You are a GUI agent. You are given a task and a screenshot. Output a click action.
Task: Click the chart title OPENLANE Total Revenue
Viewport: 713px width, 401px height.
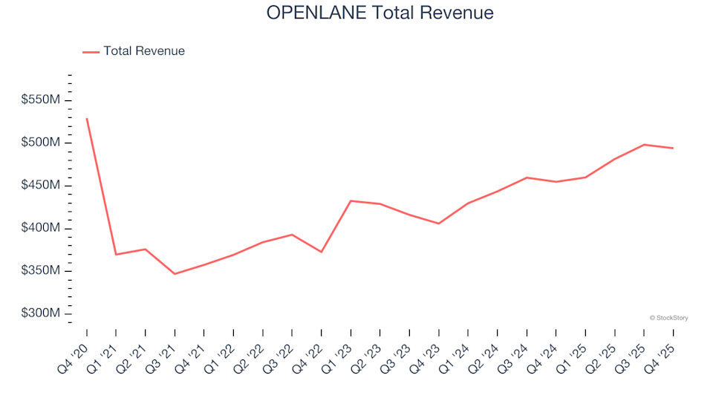(x=380, y=13)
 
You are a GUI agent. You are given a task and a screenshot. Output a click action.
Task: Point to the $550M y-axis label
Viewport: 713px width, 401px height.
(x=42, y=100)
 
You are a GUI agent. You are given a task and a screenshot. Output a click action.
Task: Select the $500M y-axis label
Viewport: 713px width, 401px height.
(x=42, y=143)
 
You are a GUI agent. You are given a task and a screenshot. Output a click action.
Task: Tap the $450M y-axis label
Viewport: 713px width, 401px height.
(x=42, y=185)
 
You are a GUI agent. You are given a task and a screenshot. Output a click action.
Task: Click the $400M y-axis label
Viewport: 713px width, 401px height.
(x=42, y=228)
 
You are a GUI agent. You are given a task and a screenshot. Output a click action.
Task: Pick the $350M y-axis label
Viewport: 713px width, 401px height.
(x=42, y=270)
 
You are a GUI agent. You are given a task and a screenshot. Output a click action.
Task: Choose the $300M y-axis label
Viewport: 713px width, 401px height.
(x=42, y=313)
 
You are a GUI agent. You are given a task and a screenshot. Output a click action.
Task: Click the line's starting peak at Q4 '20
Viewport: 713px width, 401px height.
(x=87, y=119)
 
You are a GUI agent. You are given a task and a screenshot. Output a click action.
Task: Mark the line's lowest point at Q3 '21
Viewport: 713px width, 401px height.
(x=175, y=274)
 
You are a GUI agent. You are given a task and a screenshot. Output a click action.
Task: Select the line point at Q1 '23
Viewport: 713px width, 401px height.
(x=351, y=200)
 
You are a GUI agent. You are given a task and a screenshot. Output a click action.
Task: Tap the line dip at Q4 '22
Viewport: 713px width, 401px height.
(x=321, y=252)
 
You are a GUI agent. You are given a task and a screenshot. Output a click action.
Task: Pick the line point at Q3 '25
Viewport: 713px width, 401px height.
(x=644, y=145)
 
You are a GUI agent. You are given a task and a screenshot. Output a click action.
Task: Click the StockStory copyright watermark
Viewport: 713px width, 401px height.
(x=668, y=318)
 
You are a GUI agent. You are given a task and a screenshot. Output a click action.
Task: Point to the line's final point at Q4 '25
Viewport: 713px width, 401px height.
(x=673, y=149)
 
